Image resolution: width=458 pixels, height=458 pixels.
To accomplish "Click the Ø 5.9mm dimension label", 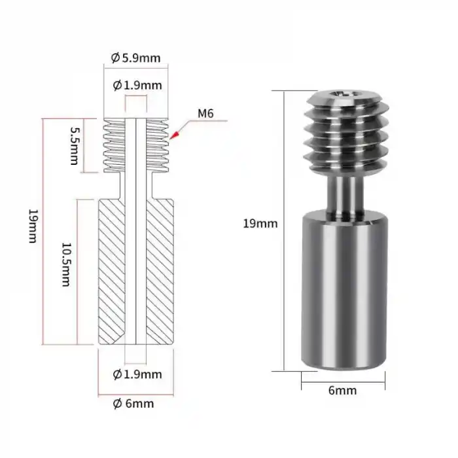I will point(136,58).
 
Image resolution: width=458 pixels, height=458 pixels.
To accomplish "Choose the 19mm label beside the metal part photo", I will point(260,223).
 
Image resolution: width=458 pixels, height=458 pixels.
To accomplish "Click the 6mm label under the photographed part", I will point(342,391).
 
